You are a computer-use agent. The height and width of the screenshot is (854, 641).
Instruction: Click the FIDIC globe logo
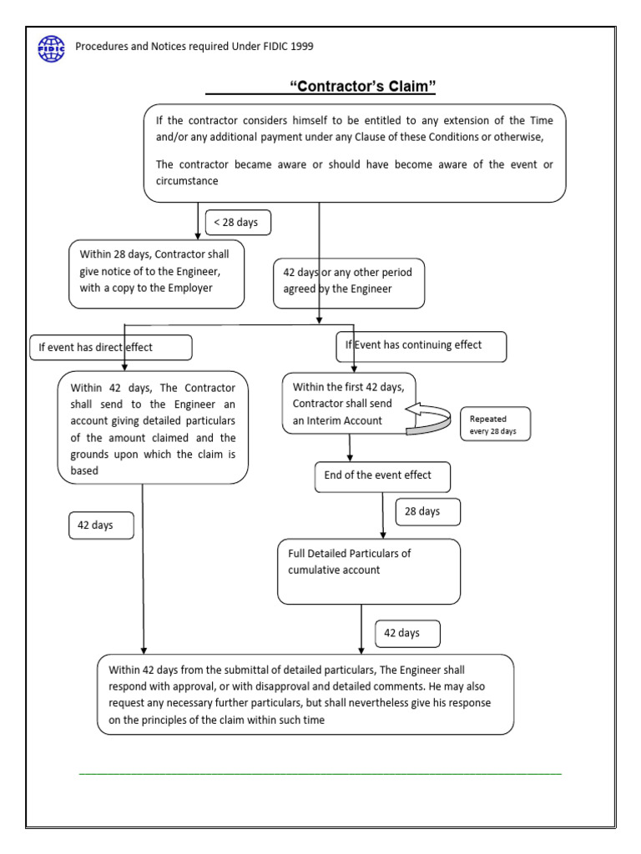51,48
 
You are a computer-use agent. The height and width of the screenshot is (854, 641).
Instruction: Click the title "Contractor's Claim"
363,86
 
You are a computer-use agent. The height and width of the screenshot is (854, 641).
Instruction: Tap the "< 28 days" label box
237,223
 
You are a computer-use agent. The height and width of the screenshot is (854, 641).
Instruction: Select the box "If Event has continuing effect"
421,345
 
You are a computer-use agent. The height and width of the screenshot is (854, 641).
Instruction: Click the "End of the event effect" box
382,476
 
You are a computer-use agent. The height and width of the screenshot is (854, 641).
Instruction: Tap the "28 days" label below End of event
427,511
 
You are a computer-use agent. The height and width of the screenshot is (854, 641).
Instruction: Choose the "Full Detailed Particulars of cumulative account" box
368,570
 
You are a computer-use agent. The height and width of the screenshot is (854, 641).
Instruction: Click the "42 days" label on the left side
100,525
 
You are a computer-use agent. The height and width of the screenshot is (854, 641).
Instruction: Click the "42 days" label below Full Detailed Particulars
407,634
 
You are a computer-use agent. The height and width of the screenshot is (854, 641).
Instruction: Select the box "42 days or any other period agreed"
349,282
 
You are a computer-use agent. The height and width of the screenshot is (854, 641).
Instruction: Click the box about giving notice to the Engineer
157,273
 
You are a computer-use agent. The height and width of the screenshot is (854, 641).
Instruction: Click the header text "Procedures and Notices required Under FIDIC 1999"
194,47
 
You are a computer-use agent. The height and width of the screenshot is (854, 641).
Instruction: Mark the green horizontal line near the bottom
320,775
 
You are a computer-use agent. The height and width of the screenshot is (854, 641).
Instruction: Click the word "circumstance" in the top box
187,181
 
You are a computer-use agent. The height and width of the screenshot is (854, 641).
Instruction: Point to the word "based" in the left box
84,470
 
